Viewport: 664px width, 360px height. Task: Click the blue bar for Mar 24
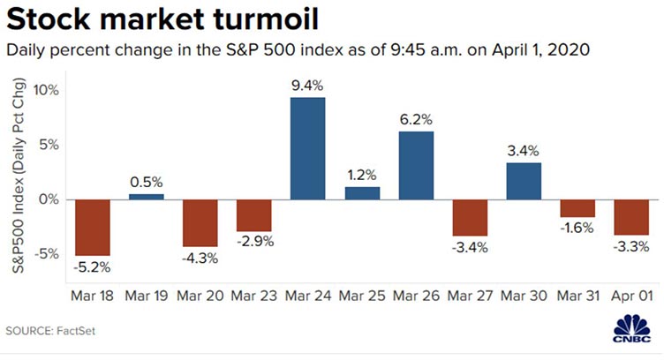pyautogui.click(x=307, y=148)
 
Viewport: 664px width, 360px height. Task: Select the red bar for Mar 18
pyautogui.click(x=92, y=227)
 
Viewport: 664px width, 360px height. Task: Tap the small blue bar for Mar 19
pyautogui.click(x=147, y=196)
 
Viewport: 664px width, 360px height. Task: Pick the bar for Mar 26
pyautogui.click(x=416, y=165)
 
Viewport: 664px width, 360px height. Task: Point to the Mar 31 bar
pyautogui.click(x=577, y=207)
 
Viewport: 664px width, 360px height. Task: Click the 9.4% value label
pyautogui.click(x=307, y=86)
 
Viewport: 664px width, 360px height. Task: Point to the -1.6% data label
pyautogui.click(x=577, y=229)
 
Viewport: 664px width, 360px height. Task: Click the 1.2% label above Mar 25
pyautogui.click(x=362, y=175)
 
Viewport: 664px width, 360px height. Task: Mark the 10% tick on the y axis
pyautogui.click(x=46, y=90)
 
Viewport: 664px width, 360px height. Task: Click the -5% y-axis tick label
pyautogui.click(x=46, y=253)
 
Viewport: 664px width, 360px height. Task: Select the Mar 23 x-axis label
pyautogui.click(x=253, y=292)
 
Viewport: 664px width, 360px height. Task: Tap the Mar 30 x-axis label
pyautogui.click(x=524, y=292)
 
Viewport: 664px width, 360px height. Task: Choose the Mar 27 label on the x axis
pyautogui.click(x=470, y=292)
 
